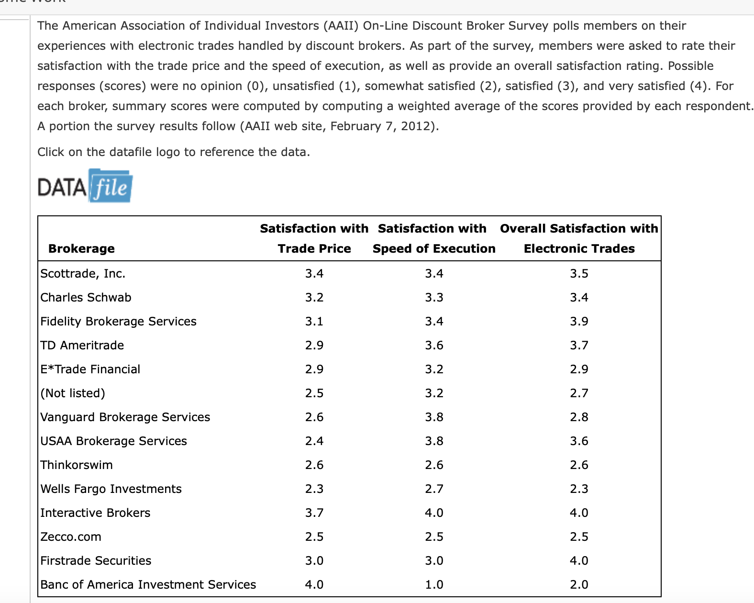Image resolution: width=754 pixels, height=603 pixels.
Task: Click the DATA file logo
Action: [x=85, y=186]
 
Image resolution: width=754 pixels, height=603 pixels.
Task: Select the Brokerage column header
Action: [x=81, y=248]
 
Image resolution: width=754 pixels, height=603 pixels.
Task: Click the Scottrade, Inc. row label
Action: [x=83, y=273]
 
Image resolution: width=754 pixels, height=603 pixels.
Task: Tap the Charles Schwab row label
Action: [x=86, y=297]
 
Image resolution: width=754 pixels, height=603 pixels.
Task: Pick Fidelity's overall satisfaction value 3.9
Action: [x=579, y=321]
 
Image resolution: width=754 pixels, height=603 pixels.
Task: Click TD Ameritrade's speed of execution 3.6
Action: [x=434, y=346]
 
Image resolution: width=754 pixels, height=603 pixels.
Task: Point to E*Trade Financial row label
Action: [x=90, y=369]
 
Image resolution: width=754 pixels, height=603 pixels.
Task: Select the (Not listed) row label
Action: [x=73, y=393]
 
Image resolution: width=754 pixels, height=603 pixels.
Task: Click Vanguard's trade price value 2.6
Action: [x=314, y=417]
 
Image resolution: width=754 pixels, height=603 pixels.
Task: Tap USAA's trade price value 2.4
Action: [x=314, y=441]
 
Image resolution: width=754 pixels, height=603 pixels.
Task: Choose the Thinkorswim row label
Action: [x=77, y=465]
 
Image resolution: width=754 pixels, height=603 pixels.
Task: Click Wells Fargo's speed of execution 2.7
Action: [x=434, y=489]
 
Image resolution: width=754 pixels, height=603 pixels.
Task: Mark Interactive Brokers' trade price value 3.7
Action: [x=314, y=513]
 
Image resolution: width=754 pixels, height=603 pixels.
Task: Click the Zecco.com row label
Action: [x=71, y=537]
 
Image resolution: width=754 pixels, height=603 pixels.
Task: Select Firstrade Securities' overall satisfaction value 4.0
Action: [x=579, y=560]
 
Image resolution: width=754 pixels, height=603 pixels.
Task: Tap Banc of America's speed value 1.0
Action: [x=434, y=584]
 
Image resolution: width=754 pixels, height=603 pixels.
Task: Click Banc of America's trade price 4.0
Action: [x=314, y=584]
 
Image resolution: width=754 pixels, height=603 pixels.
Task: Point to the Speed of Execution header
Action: [x=434, y=248]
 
